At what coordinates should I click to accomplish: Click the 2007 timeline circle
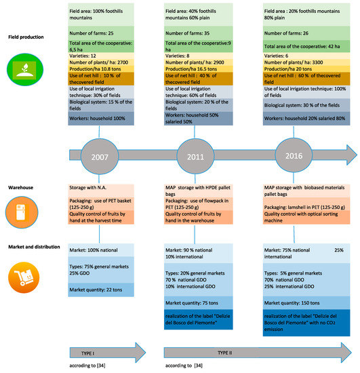coord(100,157)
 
